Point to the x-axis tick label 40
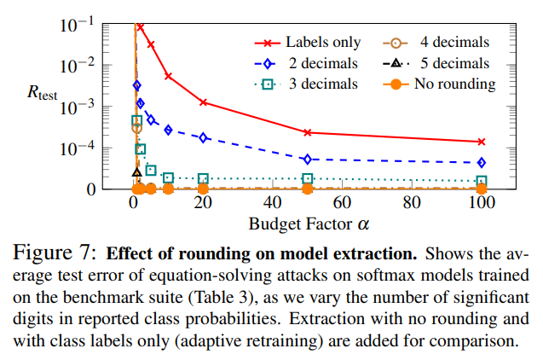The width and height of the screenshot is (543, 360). point(273,205)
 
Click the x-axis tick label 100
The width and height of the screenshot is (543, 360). point(482,205)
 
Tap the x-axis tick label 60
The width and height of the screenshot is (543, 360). point(342,205)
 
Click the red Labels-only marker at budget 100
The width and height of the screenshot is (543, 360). point(482,142)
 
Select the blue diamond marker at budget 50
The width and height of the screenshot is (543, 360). point(308,159)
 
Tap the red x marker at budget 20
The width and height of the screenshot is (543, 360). point(203,102)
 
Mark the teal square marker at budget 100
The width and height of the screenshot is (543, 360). point(482,181)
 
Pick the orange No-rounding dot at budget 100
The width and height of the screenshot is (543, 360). point(482,189)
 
